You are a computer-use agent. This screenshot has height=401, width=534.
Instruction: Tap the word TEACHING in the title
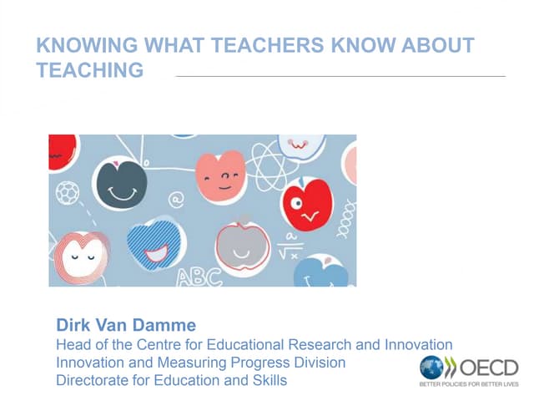click(x=90, y=70)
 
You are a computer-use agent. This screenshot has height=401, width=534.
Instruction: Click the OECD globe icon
click(x=432, y=368)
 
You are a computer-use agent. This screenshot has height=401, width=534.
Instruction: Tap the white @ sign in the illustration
click(x=176, y=200)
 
